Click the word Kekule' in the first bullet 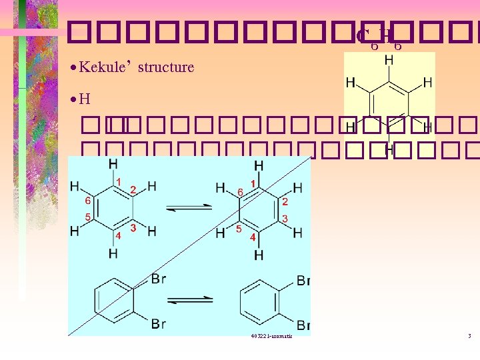click(105, 67)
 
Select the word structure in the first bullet click(166, 67)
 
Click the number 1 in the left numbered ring click(119, 182)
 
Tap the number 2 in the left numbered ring click(133, 191)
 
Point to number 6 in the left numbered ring click(87, 200)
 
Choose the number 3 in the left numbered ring click(133, 228)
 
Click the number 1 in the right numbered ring click(253, 183)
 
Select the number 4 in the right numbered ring click(253, 237)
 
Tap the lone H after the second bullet click(84, 100)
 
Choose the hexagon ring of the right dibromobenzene click(261, 301)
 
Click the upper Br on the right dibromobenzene click(303, 281)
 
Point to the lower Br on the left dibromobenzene click(158, 324)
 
